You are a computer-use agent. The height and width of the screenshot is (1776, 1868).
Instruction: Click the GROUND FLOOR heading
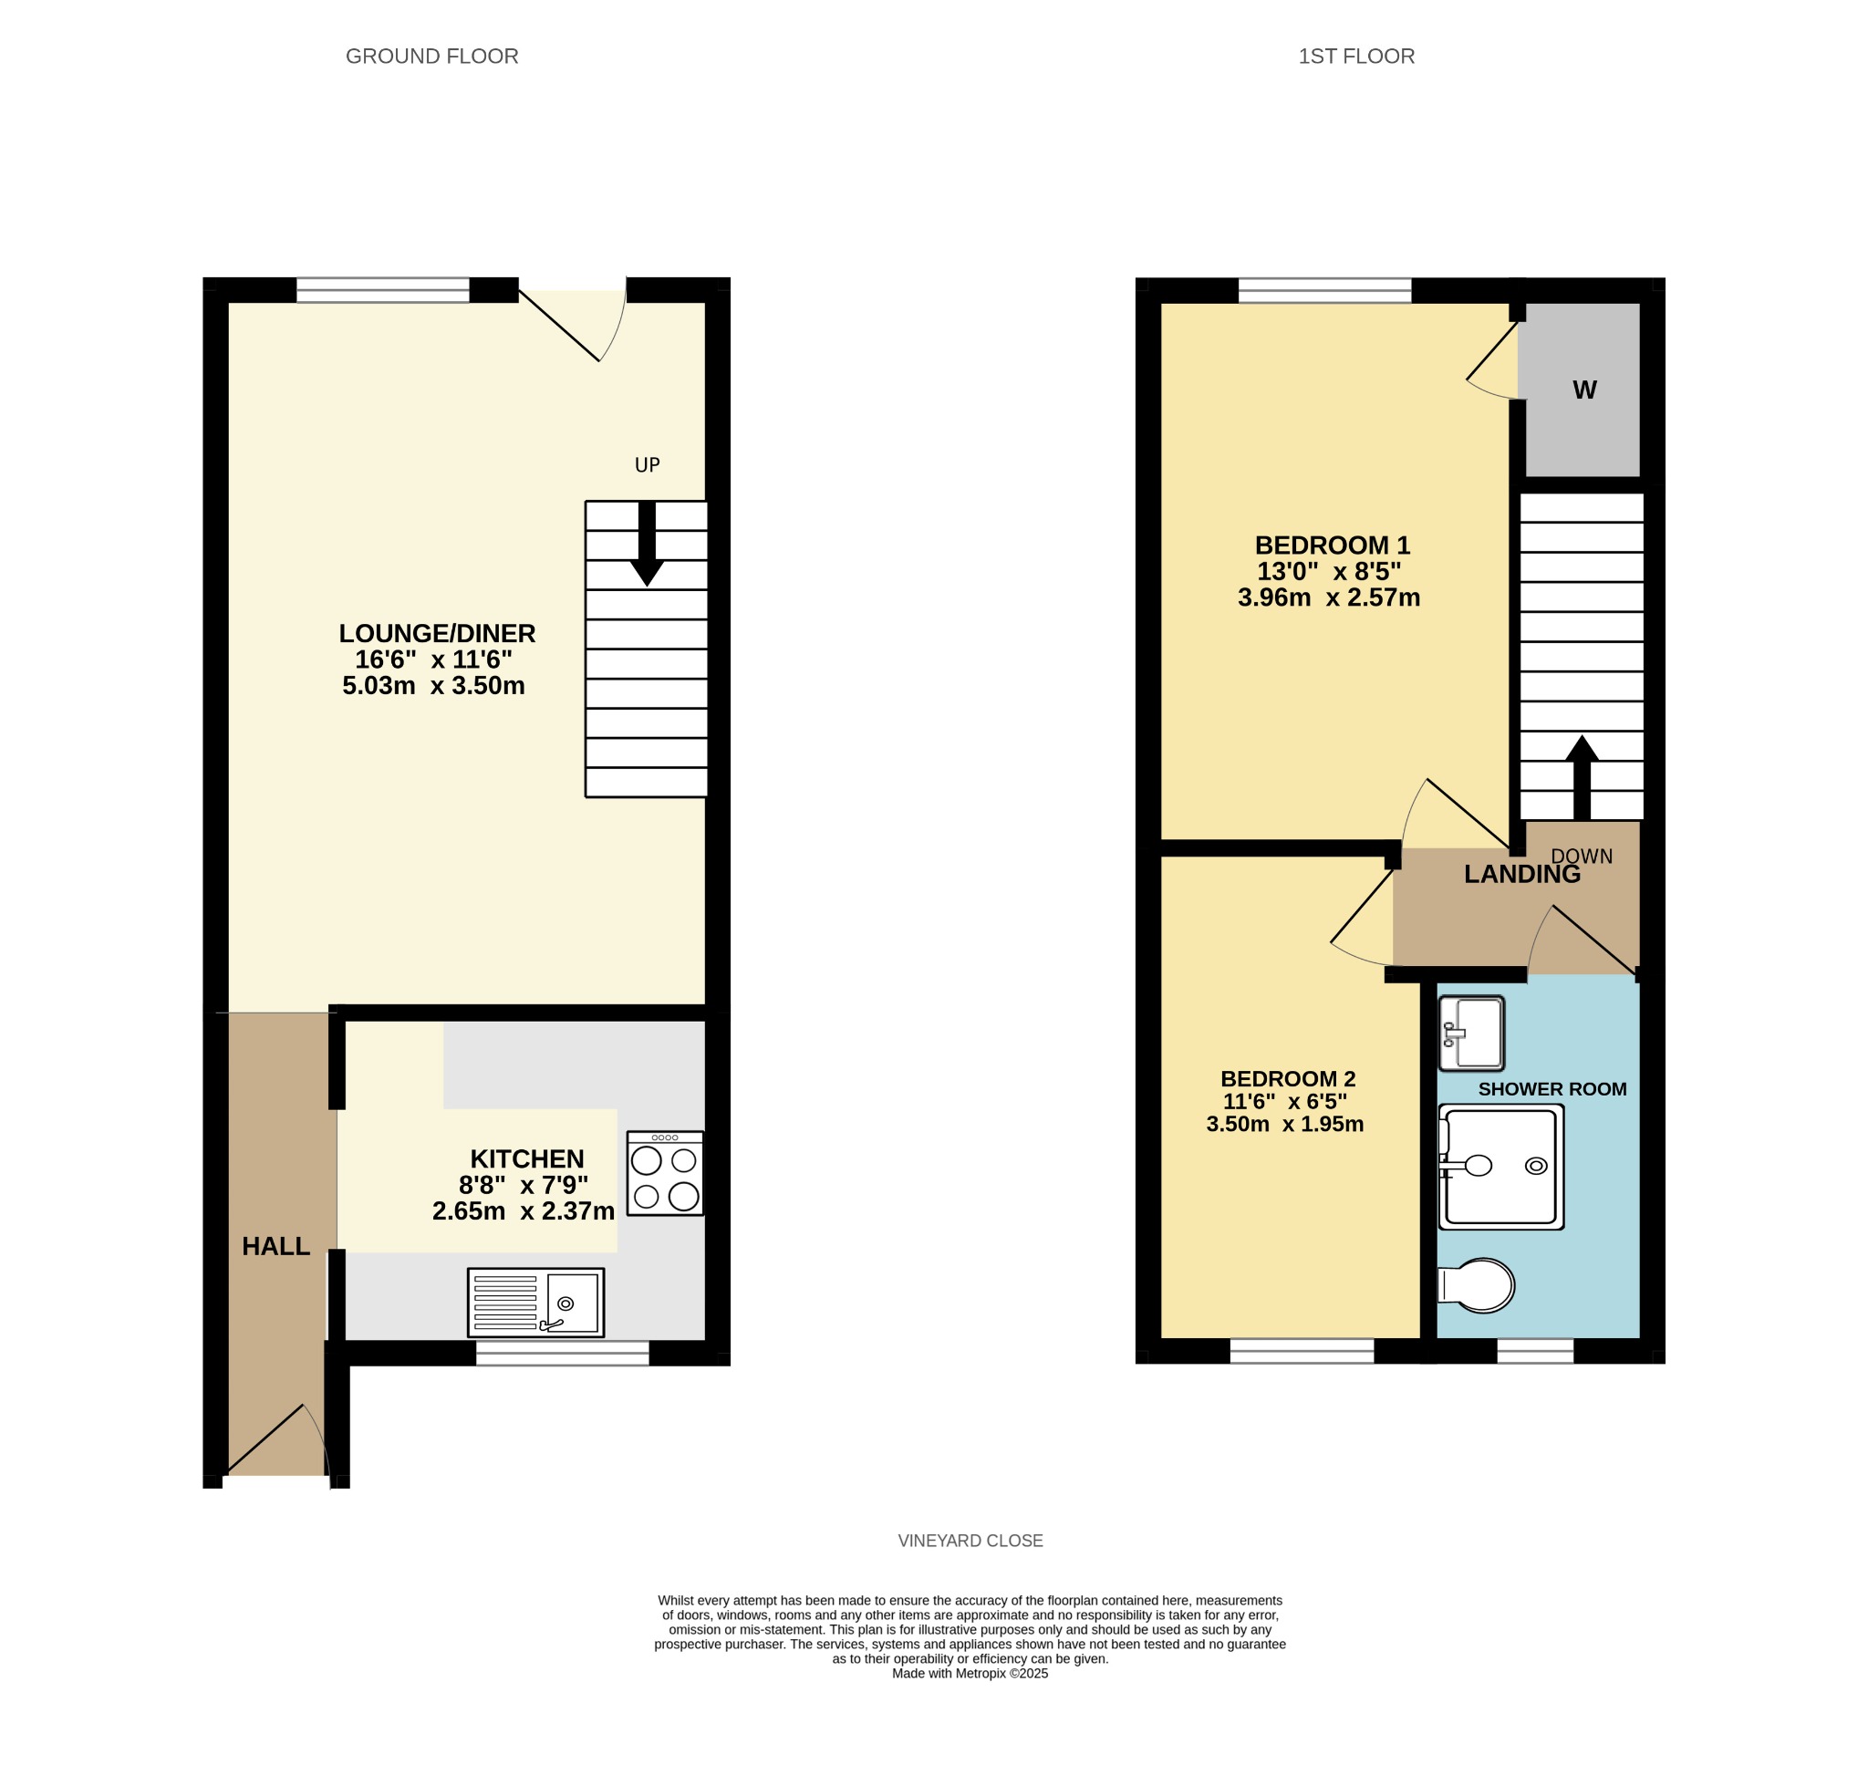pyautogui.click(x=431, y=57)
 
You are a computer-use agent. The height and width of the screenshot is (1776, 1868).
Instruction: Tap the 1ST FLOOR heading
pyautogui.click(x=1355, y=57)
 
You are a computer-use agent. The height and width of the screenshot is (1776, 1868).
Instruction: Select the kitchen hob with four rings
pyautogui.click(x=665, y=1173)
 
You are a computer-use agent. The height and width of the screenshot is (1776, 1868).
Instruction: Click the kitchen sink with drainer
pyautogui.click(x=536, y=1303)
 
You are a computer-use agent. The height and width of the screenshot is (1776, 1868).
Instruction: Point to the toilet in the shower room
pyautogui.click(x=1476, y=1285)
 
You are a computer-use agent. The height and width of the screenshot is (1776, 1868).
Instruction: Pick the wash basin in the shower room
pyautogui.click(x=1471, y=1033)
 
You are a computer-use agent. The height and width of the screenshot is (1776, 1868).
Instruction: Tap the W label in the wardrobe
pyautogui.click(x=1585, y=390)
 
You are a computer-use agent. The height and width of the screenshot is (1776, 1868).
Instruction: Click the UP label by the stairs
pyautogui.click(x=648, y=465)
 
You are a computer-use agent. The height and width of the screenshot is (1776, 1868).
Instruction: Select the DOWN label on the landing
pyautogui.click(x=1583, y=857)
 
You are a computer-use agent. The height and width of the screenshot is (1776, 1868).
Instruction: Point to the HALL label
pyautogui.click(x=276, y=1247)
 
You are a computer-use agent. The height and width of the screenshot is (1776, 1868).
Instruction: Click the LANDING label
pyautogui.click(x=1522, y=875)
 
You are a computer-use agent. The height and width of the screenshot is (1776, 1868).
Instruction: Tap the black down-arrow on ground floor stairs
pyautogui.click(x=647, y=544)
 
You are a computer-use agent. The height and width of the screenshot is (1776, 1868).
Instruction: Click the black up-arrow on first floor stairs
pyautogui.click(x=1583, y=777)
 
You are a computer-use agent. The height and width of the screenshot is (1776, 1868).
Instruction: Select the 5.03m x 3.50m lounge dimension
pyautogui.click(x=433, y=685)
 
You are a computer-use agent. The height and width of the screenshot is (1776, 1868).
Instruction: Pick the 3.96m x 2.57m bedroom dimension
pyautogui.click(x=1329, y=597)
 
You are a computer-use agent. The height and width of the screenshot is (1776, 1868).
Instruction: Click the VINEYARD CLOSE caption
pyautogui.click(x=970, y=1542)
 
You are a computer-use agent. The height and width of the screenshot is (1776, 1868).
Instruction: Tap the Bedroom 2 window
pyautogui.click(x=1302, y=1351)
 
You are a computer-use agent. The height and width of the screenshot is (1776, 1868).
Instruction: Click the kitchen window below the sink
pyautogui.click(x=563, y=1353)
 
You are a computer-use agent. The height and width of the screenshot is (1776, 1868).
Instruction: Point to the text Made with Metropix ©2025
pyautogui.click(x=970, y=1674)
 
